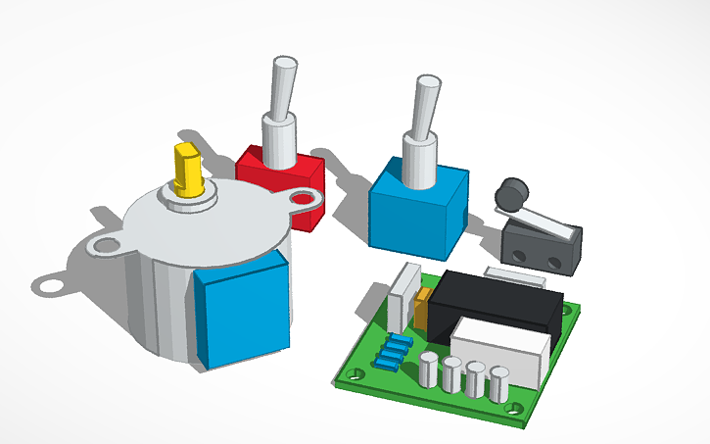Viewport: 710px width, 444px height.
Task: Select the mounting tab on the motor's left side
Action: [x=103, y=241]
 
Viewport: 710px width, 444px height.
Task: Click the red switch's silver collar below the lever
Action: [x=278, y=136]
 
